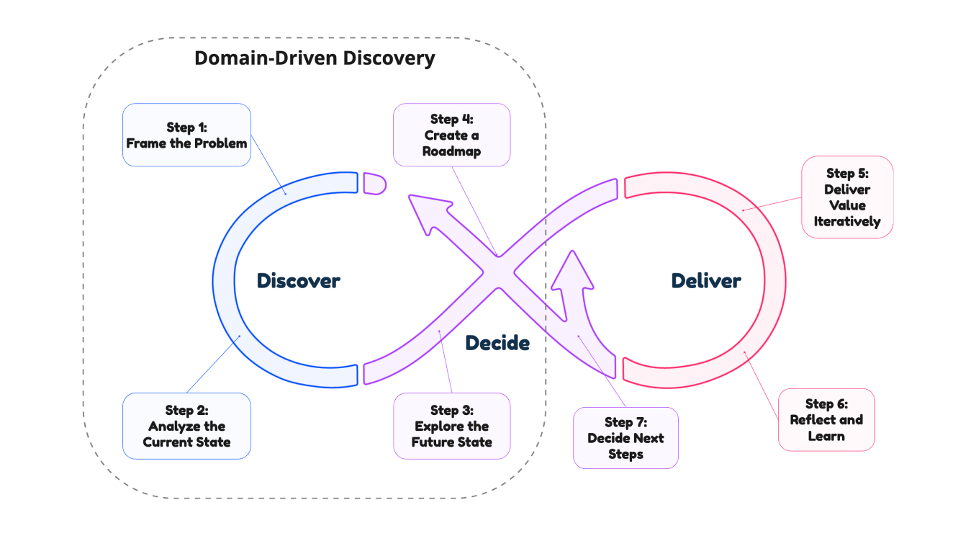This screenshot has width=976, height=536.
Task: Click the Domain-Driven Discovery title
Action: (x=315, y=58)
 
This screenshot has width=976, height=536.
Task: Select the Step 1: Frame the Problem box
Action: (x=186, y=135)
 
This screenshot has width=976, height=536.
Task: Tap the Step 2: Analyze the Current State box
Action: (x=186, y=426)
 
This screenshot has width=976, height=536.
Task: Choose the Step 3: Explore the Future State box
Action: (x=451, y=426)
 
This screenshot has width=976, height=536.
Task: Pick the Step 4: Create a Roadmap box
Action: (x=451, y=135)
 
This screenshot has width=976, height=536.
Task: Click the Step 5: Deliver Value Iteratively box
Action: (x=847, y=197)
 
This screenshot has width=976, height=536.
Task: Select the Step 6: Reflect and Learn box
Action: (x=826, y=420)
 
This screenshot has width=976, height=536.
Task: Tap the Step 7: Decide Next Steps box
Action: (x=625, y=438)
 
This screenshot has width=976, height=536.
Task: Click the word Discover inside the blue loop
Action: (x=298, y=280)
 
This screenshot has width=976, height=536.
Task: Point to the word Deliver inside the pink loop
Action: (x=705, y=280)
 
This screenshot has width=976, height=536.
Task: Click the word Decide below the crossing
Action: (x=497, y=343)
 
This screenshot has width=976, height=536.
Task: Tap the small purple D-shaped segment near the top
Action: (x=374, y=183)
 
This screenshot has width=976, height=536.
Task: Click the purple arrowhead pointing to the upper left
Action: (x=425, y=212)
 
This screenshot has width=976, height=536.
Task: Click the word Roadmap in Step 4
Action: (x=451, y=151)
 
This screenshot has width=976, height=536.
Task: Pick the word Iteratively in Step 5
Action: (x=847, y=221)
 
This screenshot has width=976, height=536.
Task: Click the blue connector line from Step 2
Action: (x=212, y=365)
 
